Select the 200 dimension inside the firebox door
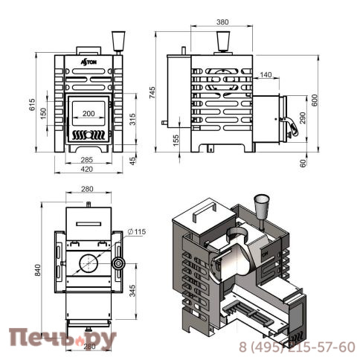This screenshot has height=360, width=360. (x=89, y=113)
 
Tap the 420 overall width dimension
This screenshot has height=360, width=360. (x=87, y=169)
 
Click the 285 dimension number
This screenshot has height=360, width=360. (x=87, y=159)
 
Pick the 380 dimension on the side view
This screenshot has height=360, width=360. (x=222, y=22)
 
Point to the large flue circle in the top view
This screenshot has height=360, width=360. (x=87, y=263)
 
